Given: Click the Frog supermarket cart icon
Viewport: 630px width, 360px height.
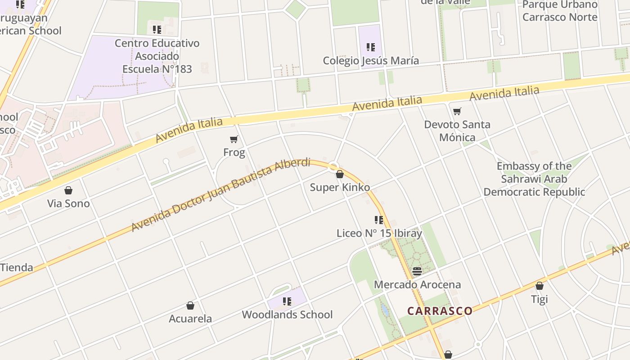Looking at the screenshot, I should tap(234, 139).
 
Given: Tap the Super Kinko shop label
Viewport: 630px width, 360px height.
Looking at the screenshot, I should tap(340, 187).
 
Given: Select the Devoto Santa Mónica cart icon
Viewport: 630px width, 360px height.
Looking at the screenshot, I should tap(457, 111).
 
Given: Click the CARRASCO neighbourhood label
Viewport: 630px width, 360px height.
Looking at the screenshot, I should tap(440, 311).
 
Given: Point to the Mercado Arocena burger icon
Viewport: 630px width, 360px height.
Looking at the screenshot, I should tap(417, 271).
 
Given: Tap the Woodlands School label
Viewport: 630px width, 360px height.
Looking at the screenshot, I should tap(287, 315).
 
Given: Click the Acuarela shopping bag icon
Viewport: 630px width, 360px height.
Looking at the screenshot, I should tap(190, 306).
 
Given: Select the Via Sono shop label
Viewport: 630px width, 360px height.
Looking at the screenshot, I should tap(68, 203).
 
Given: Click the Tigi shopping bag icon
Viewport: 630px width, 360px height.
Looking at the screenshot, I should tap(539, 286).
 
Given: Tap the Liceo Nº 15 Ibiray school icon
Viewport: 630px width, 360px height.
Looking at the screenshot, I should tap(379, 220).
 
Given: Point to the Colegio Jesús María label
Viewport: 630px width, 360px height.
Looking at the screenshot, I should tap(371, 60).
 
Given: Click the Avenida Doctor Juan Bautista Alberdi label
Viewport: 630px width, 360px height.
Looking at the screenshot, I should tap(221, 194).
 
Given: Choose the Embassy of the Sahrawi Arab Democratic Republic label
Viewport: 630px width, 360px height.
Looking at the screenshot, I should tap(534, 179).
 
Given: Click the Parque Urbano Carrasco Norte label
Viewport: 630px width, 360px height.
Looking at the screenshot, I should tap(560, 11).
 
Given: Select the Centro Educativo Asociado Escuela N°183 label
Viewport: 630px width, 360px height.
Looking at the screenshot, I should tap(157, 56).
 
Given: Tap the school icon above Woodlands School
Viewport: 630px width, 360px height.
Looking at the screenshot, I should tap(287, 301).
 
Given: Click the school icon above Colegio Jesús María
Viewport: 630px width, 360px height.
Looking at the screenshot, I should tap(370, 47).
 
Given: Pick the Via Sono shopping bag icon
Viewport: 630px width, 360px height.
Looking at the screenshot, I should tap(68, 190).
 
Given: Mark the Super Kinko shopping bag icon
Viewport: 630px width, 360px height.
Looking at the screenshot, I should tap(340, 174).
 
